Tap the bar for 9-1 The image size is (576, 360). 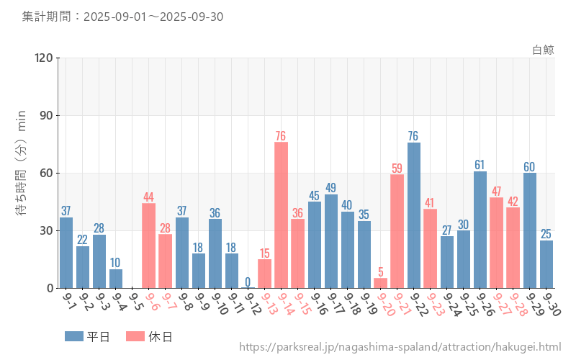click(x=66, y=252)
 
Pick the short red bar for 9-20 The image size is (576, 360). click(x=380, y=283)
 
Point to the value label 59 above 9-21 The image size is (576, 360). click(x=397, y=168)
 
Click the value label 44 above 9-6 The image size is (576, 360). click(x=148, y=197)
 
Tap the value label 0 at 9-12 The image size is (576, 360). click(x=248, y=282)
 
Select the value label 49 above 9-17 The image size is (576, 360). click(x=330, y=188)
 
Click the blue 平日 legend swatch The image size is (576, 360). click(x=74, y=336)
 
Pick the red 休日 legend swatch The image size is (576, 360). click(x=135, y=336)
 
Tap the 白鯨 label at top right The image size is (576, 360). click(x=543, y=50)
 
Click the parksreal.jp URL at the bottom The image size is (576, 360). click(x=400, y=347)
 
